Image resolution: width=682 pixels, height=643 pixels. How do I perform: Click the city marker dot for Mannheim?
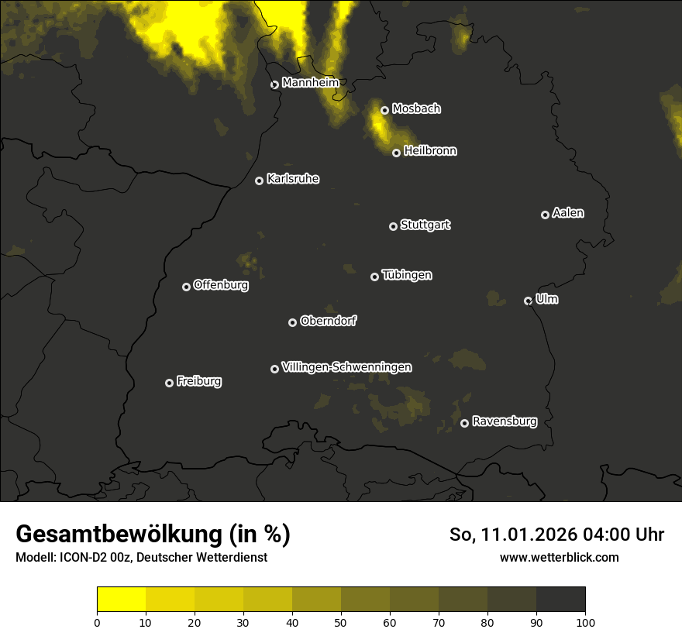tap(274, 85)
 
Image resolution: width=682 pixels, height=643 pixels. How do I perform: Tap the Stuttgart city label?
tap(425, 225)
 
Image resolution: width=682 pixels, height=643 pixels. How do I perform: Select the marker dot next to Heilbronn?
tap(396, 153)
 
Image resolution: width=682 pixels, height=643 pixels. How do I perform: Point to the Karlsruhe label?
tap(292, 180)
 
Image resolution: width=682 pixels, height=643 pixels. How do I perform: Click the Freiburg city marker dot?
tap(169, 383)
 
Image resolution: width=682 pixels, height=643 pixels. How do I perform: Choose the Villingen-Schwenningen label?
tap(346, 367)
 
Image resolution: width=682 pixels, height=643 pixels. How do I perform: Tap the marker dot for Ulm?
tap(528, 301)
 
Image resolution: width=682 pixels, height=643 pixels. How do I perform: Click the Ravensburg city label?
tap(504, 422)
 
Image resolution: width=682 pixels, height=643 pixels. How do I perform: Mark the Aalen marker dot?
tap(545, 215)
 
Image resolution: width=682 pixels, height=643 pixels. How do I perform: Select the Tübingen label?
tap(406, 275)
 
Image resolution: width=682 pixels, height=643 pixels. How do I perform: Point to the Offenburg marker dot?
tap(186, 287)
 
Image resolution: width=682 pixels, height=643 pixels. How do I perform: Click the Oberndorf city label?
tap(328, 321)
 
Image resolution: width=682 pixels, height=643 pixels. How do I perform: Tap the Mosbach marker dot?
tap(384, 111)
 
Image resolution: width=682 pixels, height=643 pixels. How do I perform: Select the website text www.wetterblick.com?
tap(559, 557)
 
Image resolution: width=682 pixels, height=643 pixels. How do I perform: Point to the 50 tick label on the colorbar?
tap(341, 622)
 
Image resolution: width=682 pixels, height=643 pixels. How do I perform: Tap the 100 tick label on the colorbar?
tap(584, 622)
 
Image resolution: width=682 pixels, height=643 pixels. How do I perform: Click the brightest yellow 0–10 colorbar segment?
tap(121, 600)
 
